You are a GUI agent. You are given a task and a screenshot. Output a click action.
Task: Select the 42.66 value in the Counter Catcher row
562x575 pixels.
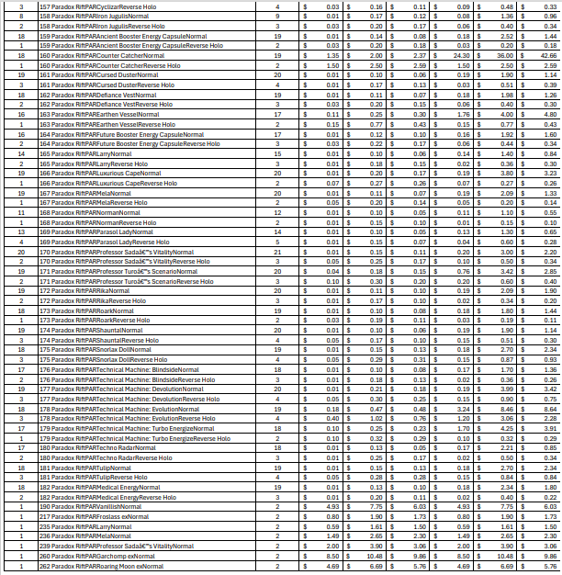pyautogui.click(x=547, y=55)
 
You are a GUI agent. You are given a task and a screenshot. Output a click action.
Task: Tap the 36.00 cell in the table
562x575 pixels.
pyautogui.click(x=502, y=55)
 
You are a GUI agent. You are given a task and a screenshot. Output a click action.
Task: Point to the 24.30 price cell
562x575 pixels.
pyautogui.click(x=458, y=55)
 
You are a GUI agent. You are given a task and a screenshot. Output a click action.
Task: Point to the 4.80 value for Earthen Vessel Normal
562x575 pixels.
pyautogui.click(x=547, y=114)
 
